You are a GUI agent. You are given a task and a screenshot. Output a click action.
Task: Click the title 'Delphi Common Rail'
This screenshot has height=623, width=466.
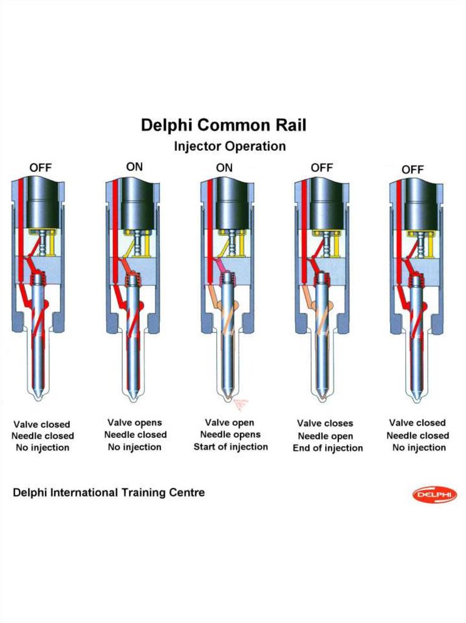[224, 125]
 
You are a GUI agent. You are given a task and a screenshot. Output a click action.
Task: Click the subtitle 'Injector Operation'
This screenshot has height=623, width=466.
[229, 147]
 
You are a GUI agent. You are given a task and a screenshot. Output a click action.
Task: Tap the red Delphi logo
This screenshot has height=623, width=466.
[434, 495]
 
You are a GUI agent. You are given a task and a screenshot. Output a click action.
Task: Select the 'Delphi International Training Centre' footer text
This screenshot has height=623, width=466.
[109, 492]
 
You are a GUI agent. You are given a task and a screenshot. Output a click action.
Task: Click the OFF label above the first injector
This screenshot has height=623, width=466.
[41, 167]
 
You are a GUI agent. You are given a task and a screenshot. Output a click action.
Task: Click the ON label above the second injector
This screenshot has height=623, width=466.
[135, 166]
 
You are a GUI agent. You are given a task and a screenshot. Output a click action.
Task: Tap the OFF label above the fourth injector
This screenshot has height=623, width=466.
[322, 167]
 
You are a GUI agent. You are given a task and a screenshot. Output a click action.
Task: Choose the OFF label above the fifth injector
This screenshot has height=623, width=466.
[413, 170]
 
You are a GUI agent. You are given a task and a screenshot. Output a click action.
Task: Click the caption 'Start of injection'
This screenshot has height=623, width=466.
[231, 447]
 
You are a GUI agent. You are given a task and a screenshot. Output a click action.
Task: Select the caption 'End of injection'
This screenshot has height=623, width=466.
[327, 448]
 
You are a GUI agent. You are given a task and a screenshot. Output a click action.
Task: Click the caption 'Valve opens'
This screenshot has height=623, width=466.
[135, 422]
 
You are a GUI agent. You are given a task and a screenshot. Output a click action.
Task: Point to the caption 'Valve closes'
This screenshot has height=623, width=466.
[325, 423]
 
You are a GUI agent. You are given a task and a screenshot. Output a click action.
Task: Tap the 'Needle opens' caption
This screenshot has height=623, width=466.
[230, 434]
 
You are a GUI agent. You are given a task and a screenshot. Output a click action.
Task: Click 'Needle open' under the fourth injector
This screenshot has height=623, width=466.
[325, 436]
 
